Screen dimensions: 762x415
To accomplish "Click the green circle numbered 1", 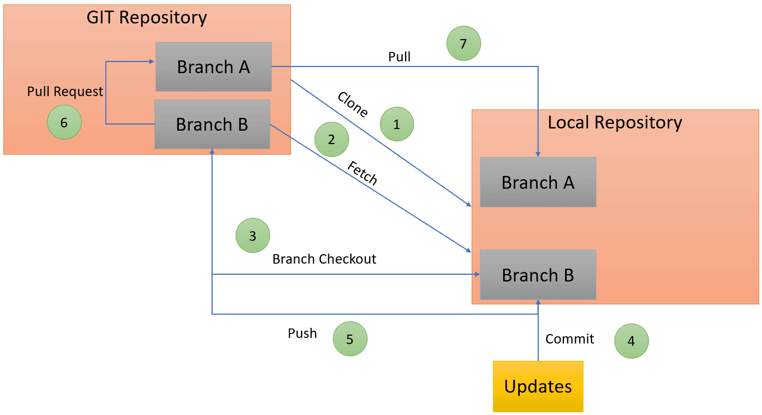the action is point(397,124).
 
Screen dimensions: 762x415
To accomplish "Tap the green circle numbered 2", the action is point(332,139).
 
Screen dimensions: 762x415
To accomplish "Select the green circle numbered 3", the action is point(253,235).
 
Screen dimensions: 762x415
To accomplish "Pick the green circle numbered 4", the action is point(632,341).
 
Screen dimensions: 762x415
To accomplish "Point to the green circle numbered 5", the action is point(350,338).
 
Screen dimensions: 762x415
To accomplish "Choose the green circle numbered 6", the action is point(64,122).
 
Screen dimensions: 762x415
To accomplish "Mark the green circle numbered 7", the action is point(464,43).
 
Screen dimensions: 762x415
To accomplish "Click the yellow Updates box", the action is point(538,387).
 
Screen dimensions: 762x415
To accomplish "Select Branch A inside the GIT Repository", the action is point(214,66).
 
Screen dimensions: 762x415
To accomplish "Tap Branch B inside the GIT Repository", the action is point(212,125).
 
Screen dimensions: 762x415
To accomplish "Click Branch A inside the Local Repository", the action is point(538,182).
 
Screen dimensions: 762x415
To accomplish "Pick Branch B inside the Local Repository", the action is point(538,275).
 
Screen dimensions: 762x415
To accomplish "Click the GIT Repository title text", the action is point(147,17).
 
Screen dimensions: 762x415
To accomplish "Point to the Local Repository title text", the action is point(615,122).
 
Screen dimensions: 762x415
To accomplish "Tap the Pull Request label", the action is point(65,92).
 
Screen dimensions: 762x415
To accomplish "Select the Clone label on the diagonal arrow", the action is point(353,104).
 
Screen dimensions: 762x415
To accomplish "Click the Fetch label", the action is point(363,173).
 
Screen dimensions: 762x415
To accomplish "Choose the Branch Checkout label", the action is point(324,259).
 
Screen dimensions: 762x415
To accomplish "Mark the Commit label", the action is point(570,339).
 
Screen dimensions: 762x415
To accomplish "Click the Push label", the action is point(303,333).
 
